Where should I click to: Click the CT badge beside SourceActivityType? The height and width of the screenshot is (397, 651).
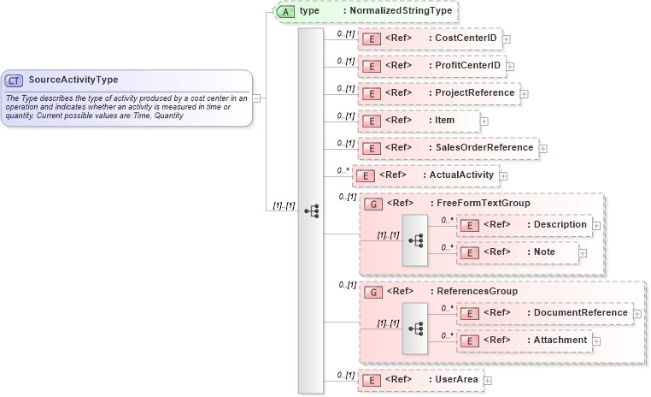coord(15,80)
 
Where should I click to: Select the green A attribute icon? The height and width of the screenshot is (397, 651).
coord(287,11)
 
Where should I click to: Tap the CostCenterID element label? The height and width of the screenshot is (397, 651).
coord(466,39)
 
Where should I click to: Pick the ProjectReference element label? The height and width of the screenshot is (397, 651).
coord(474,92)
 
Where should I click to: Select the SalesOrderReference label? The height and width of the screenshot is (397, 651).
coord(484,148)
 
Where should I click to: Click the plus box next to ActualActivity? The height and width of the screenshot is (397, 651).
coord(504,176)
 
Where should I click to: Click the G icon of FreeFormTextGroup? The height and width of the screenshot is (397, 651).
coord(372,204)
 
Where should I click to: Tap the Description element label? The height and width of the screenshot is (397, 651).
coord(557,225)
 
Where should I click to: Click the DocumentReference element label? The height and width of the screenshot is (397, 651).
coord(580,313)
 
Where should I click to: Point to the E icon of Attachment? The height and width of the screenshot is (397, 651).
coord(468,341)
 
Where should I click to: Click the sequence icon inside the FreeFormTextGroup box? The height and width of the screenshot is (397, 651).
coord(416,240)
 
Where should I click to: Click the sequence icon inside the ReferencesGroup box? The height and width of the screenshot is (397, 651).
coord(416,329)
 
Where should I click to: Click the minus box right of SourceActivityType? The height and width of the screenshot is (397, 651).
coord(257,98)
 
